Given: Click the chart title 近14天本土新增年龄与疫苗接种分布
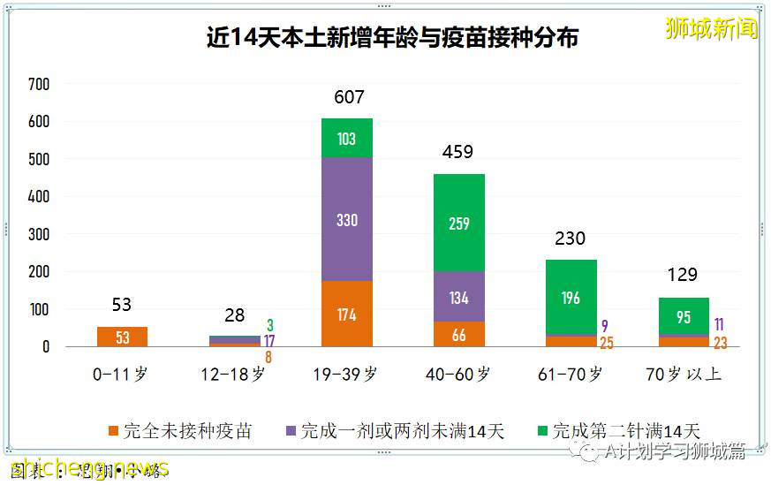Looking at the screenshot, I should (392, 39).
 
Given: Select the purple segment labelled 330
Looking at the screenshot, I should (347, 219).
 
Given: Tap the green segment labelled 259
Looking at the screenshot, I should (459, 224).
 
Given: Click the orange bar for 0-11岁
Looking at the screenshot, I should (122, 337).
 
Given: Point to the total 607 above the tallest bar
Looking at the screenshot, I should (349, 97).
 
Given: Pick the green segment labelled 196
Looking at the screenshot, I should (571, 298).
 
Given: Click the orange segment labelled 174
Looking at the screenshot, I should (347, 314).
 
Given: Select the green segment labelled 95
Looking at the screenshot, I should (684, 317).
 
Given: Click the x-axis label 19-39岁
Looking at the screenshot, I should (347, 374).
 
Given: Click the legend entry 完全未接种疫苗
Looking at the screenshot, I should (180, 431).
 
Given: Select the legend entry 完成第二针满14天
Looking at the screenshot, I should (617, 431).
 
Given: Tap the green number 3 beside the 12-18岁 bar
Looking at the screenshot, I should (269, 326).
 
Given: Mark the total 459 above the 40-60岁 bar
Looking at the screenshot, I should (457, 152).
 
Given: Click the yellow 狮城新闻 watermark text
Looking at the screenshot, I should (711, 28).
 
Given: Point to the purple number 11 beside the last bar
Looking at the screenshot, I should (719, 324).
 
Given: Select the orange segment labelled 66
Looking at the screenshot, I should (459, 334).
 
